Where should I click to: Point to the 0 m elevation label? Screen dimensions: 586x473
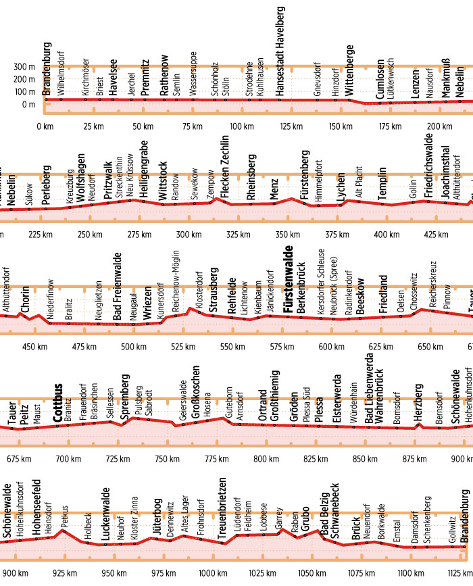[x=27, y=105]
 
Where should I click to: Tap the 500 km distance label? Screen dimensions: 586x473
[x=128, y=347]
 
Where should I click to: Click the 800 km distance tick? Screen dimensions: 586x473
[x=262, y=459]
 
